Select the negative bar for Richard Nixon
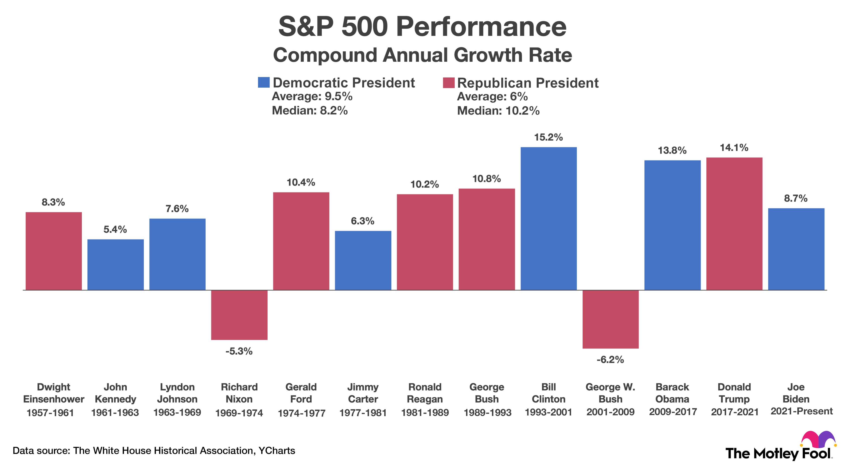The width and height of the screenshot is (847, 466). [x=239, y=315]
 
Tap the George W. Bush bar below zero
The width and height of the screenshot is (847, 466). [x=610, y=319]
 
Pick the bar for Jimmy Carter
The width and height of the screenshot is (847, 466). [x=363, y=260]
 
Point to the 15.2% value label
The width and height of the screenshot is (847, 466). [x=548, y=137]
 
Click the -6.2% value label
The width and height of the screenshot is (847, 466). [x=610, y=359]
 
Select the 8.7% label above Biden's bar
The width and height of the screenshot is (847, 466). [x=796, y=198]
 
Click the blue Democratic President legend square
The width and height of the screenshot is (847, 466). [x=264, y=82]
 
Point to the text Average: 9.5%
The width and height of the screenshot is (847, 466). [x=312, y=96]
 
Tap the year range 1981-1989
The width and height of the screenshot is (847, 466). [x=425, y=412]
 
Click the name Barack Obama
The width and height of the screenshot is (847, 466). [x=672, y=393]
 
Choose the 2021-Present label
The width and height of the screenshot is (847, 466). [x=801, y=411]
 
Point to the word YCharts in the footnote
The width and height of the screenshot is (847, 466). [x=277, y=451]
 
